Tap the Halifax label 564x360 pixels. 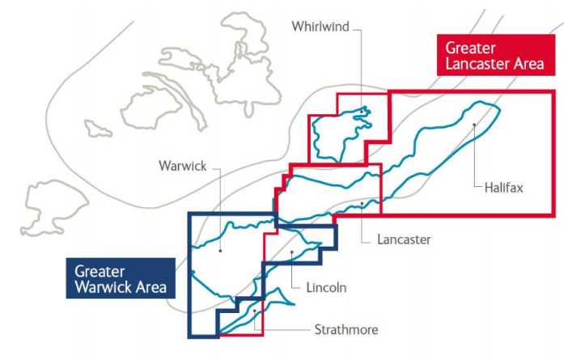504,188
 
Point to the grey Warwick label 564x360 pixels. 183,167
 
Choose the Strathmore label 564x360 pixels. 346,329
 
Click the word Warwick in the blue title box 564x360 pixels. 104,287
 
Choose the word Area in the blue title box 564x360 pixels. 151,287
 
